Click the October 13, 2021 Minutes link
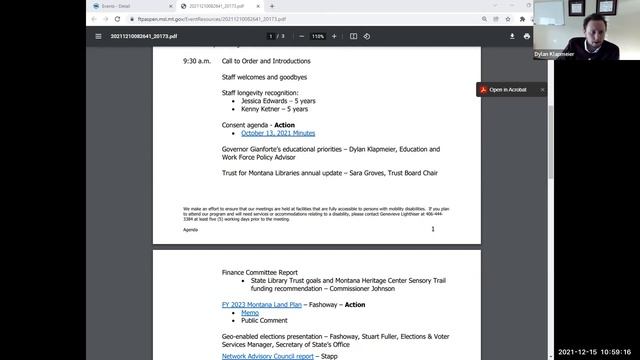click(x=278, y=133)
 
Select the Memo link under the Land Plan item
click(x=250, y=313)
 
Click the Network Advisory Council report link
click(x=268, y=356)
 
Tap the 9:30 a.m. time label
click(x=197, y=61)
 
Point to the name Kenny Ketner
click(x=262, y=109)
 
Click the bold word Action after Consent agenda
click(x=284, y=125)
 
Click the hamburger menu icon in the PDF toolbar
click(x=98, y=36)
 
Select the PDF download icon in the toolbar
click(x=513, y=36)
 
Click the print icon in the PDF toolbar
click(x=526, y=36)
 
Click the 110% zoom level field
click(x=318, y=36)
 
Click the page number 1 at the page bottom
click(x=433, y=229)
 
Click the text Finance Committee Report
click(x=259, y=271)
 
